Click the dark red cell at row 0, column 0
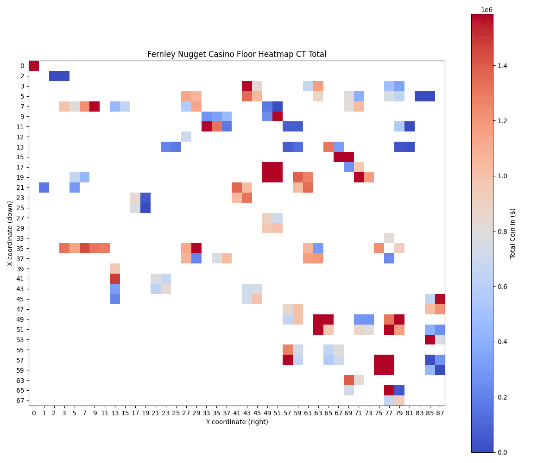[34, 66]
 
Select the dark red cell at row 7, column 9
[95, 106]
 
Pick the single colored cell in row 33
[389, 238]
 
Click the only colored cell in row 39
[115, 269]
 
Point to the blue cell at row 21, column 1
[44, 188]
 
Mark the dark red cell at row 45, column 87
[440, 299]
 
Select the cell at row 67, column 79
[399, 400]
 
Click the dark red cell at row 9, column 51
[277, 116]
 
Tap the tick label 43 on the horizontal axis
[247, 412]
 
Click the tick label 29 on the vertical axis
[21, 228]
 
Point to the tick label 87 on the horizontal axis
[440, 412]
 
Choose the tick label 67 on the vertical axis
[21, 400]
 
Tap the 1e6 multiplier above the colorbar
[486, 10]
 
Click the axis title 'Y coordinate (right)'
[237, 422]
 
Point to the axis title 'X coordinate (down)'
[10, 233]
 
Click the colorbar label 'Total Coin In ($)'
[513, 233]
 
